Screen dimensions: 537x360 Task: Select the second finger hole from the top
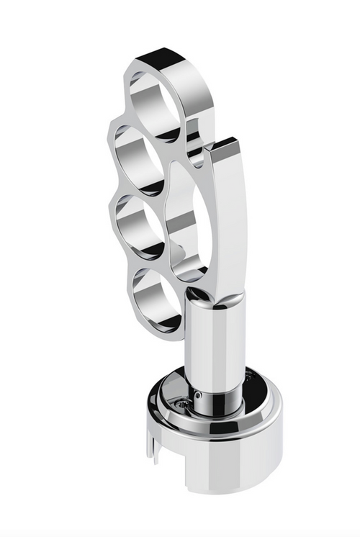pos(139,163)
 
